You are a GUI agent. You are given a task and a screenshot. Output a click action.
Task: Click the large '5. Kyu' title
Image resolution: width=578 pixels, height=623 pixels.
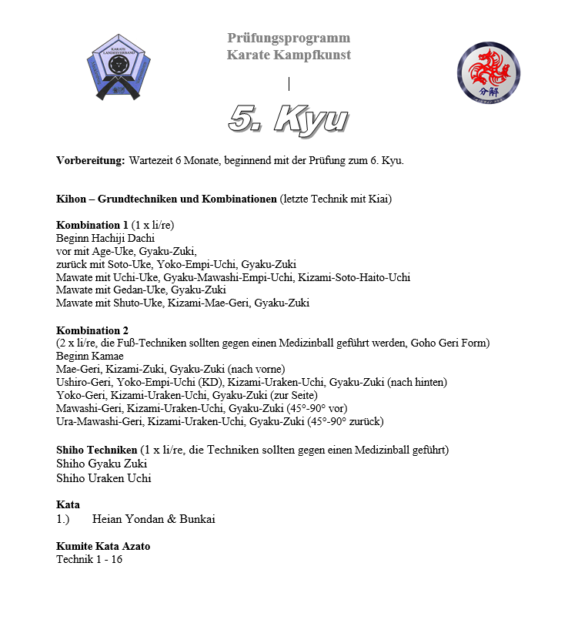[x=289, y=119]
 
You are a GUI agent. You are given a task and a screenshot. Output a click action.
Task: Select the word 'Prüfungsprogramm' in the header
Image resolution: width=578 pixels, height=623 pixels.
[x=289, y=38]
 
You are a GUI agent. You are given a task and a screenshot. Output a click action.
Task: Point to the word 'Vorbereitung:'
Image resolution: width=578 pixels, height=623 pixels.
[x=90, y=161]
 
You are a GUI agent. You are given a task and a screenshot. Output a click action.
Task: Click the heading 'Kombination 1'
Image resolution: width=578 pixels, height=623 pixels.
[x=92, y=225]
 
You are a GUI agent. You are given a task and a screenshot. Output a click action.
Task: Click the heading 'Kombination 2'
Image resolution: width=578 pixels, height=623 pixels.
[x=92, y=330]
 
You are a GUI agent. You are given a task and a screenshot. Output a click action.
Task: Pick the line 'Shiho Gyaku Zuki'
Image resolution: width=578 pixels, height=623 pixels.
[x=102, y=464]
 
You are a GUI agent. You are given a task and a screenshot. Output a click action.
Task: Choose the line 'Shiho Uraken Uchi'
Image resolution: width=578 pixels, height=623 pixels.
[x=104, y=477]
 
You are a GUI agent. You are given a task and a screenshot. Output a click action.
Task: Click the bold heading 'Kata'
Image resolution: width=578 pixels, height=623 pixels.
[x=68, y=505]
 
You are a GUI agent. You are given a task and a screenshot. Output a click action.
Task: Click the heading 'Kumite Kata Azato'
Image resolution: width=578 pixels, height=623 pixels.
[x=103, y=546]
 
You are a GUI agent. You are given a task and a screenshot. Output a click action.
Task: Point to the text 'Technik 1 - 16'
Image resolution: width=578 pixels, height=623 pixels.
[x=89, y=559]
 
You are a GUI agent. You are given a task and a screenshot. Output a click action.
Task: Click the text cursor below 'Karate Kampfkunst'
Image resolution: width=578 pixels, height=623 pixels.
[x=289, y=83]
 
